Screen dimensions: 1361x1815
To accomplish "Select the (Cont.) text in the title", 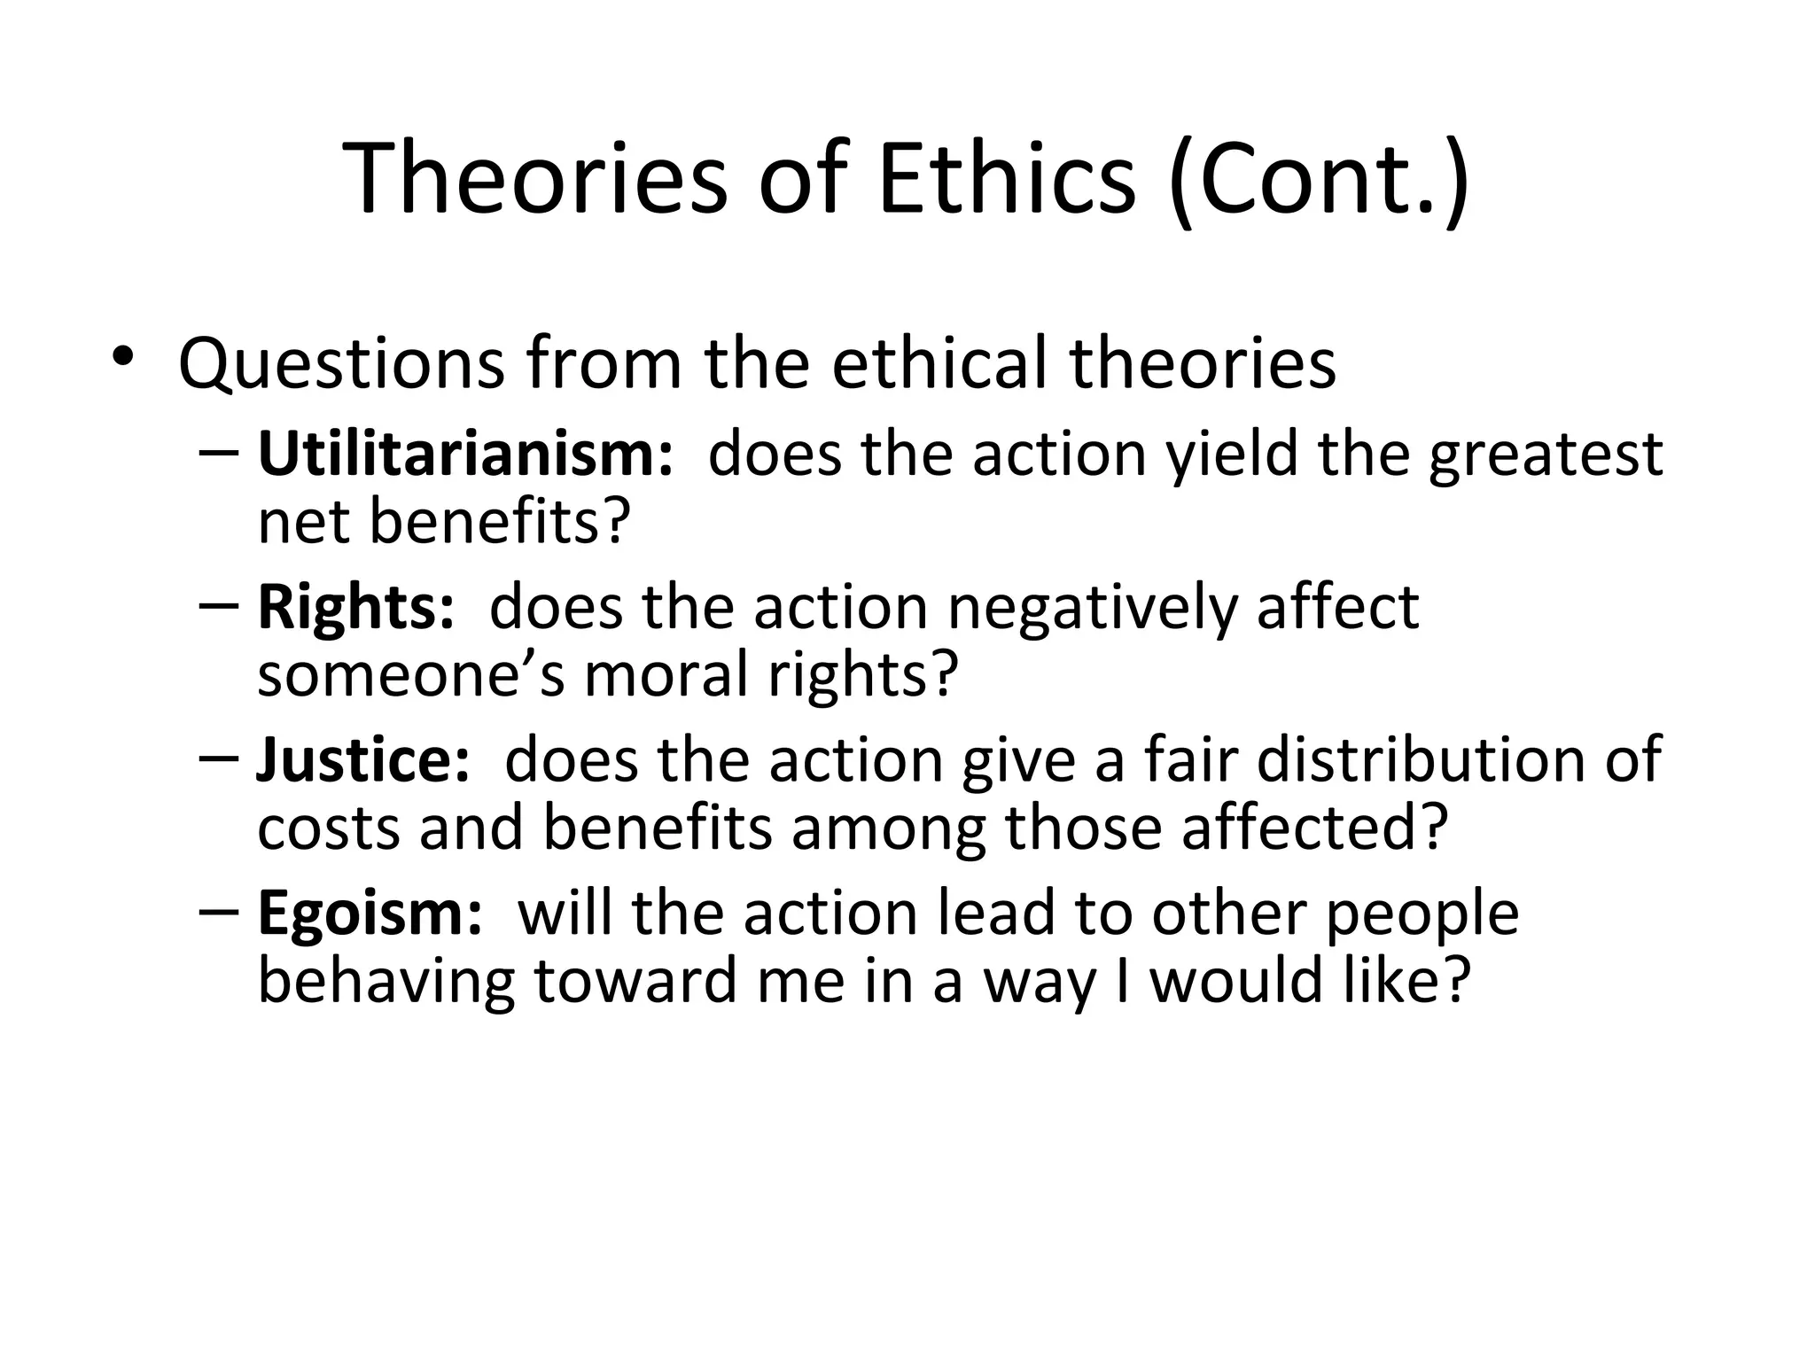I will tap(1320, 180).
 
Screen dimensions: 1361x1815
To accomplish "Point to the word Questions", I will tap(341, 363).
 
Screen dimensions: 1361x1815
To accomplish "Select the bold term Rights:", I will tap(355, 608).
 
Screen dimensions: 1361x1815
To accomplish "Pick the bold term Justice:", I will tap(362, 760).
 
